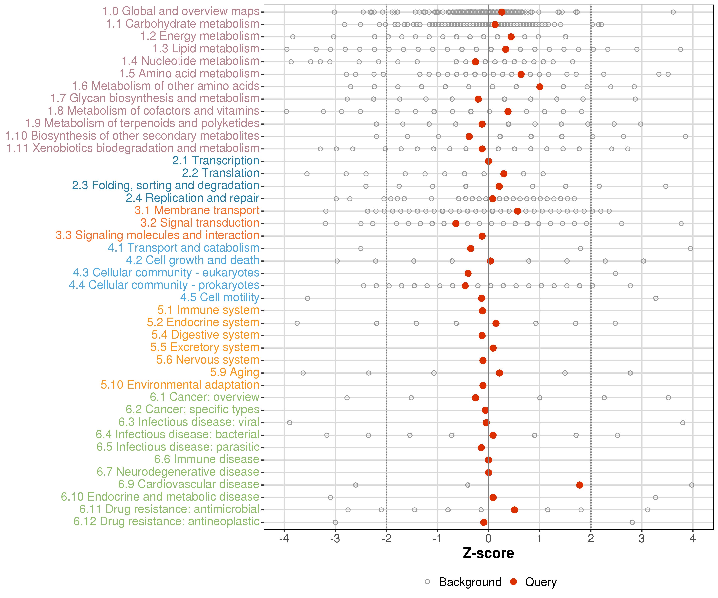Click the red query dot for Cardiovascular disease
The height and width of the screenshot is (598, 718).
point(580,485)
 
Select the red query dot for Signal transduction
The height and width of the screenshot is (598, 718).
point(456,223)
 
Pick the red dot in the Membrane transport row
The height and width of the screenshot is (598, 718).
point(517,211)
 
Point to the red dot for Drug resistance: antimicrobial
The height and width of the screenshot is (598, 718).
point(514,510)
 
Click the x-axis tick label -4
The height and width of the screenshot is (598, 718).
point(284,539)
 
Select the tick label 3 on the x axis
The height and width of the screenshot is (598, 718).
point(642,539)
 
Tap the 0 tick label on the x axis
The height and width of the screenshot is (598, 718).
point(488,539)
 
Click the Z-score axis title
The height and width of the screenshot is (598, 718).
point(488,553)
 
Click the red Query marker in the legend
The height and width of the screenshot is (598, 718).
point(513,582)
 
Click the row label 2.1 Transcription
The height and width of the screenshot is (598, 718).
point(216,161)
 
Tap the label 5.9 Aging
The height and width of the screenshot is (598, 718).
point(235,372)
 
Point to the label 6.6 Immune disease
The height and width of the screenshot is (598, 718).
point(206,459)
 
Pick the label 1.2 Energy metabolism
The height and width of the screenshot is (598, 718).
point(200,36)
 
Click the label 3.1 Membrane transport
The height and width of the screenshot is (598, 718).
point(197,210)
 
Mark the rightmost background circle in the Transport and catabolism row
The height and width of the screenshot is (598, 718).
point(690,248)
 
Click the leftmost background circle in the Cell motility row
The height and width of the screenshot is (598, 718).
point(307,298)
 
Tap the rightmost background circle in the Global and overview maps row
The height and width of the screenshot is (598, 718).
point(673,12)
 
